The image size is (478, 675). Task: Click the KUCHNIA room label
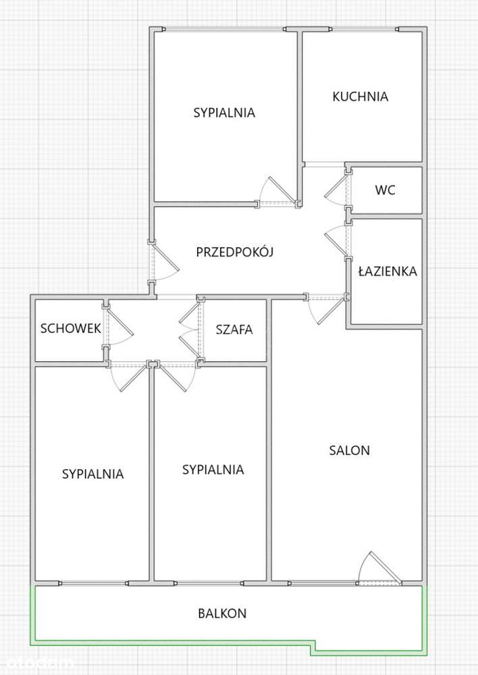(x=360, y=97)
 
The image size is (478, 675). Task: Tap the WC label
(x=385, y=190)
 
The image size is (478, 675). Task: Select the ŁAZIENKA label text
(x=387, y=272)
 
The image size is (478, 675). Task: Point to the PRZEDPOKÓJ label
(x=234, y=252)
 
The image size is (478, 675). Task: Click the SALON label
(x=349, y=450)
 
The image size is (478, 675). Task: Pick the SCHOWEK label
(x=70, y=329)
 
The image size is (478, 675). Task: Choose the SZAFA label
(x=234, y=329)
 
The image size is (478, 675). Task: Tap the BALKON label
(x=222, y=614)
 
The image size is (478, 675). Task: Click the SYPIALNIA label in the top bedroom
(x=224, y=113)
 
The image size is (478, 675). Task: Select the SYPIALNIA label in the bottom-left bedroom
(x=92, y=474)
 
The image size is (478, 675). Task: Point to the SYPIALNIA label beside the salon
(x=213, y=469)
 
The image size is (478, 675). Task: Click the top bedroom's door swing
(x=278, y=190)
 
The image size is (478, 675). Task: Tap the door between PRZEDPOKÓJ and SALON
(x=323, y=308)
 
